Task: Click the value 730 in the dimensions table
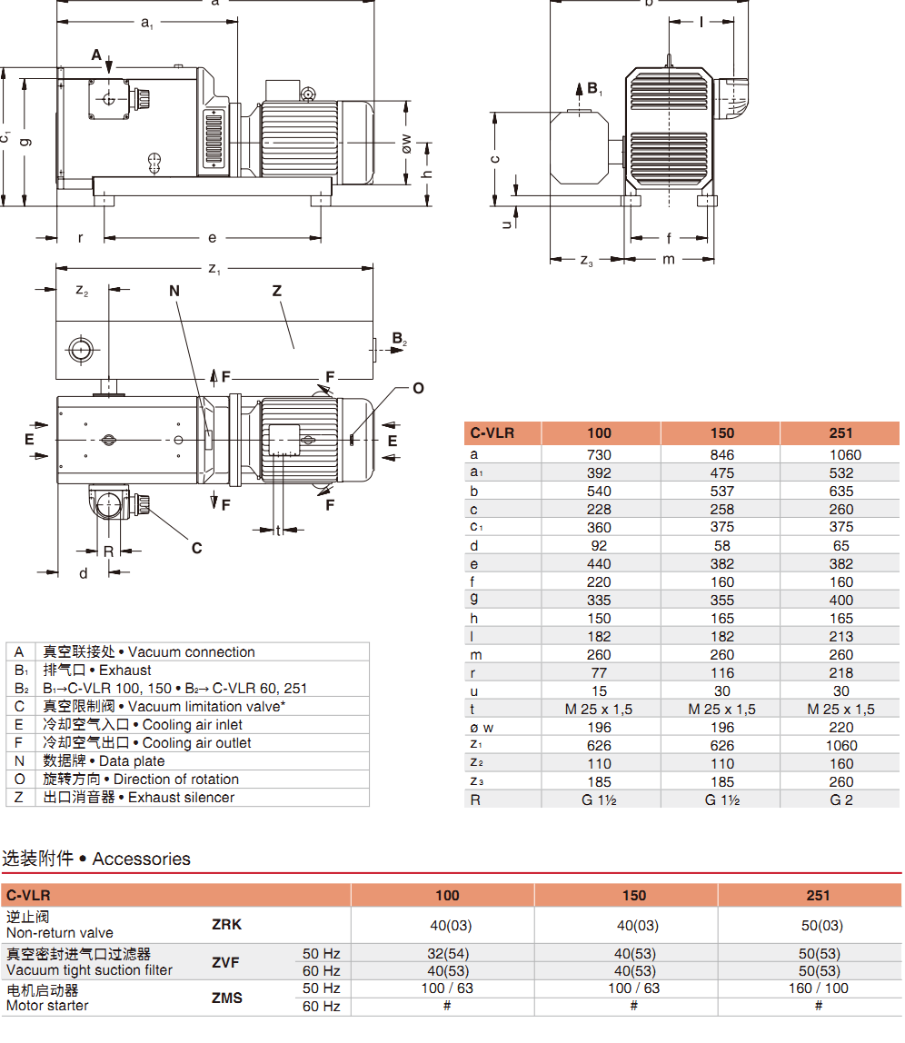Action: click(x=600, y=455)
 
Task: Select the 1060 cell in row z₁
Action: click(x=841, y=746)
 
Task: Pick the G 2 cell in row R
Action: click(x=841, y=800)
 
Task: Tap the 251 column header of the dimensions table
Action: click(x=841, y=433)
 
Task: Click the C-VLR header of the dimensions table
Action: click(x=492, y=433)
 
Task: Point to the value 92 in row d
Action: click(x=600, y=546)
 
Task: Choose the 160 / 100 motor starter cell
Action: click(x=818, y=988)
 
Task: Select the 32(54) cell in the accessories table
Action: click(x=447, y=954)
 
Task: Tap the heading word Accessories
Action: click(x=142, y=859)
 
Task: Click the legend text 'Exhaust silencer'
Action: click(x=181, y=798)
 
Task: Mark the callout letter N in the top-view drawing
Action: click(x=174, y=292)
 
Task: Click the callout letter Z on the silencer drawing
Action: click(x=277, y=292)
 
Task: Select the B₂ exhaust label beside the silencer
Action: click(x=399, y=340)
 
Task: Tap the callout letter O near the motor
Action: click(x=418, y=389)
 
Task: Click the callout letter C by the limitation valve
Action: click(x=196, y=548)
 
